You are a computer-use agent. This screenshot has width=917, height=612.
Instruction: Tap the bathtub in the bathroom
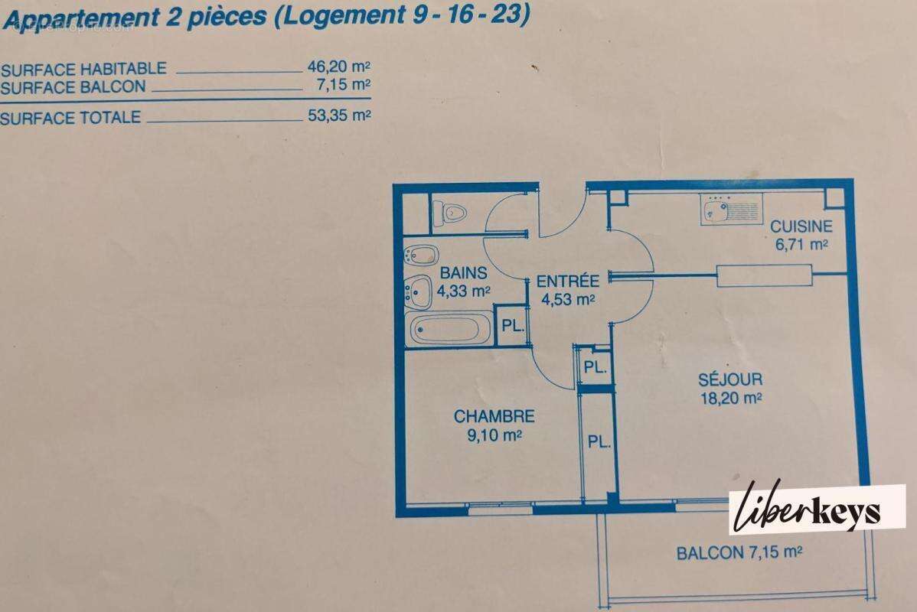[x=446, y=330]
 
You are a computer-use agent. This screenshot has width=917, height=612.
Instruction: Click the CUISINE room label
[x=801, y=226]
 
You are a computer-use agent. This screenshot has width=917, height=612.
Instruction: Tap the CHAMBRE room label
[x=494, y=417]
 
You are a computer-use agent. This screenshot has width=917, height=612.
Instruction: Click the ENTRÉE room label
[x=567, y=281]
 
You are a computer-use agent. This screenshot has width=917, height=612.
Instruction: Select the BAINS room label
[x=462, y=273]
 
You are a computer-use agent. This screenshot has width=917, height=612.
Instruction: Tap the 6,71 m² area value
[x=801, y=244]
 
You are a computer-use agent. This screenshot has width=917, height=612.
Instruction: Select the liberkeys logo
[x=816, y=509]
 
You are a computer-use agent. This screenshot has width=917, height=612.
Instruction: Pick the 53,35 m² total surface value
[x=339, y=117]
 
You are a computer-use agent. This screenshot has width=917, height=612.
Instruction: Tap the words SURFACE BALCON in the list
[x=73, y=87]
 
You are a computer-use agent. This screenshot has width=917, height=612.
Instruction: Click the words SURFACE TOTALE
[x=70, y=118]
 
